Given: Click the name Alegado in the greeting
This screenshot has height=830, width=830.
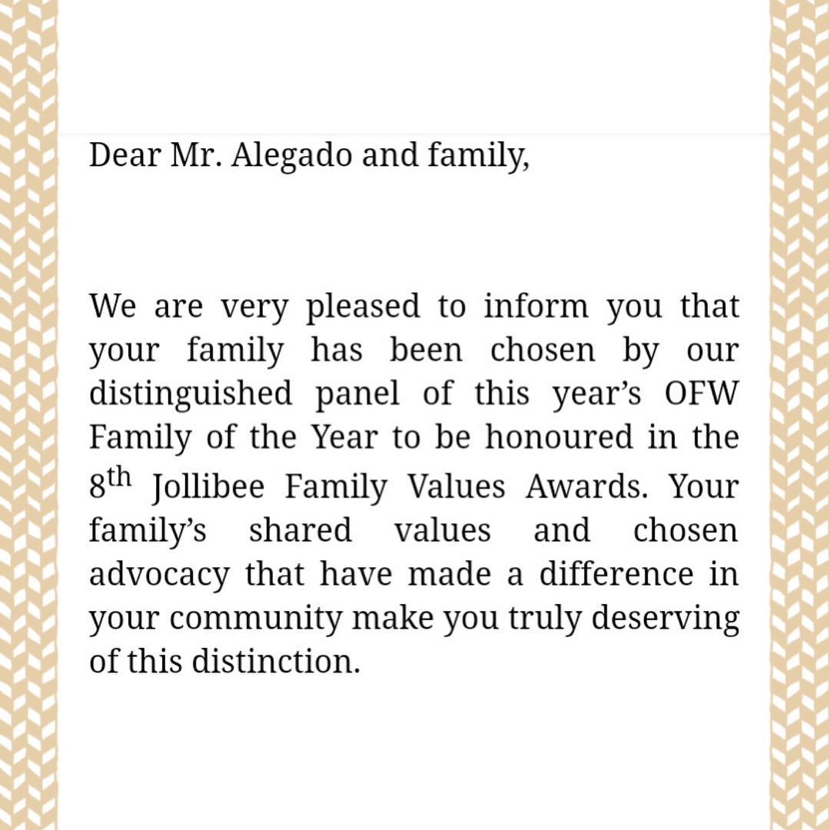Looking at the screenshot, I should point(290,156).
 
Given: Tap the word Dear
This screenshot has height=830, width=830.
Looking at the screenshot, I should point(120,156).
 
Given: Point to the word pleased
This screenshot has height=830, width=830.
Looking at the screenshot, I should point(363,307).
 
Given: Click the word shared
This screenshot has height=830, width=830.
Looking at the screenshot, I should point(300,531).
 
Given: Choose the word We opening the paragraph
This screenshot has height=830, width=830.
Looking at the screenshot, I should point(115,307).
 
